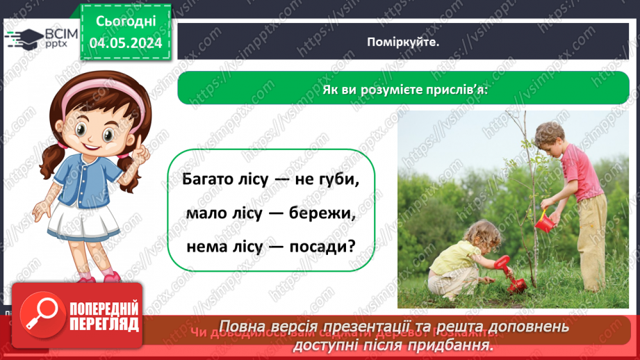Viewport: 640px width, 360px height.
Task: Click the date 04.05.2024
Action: (x=126, y=42)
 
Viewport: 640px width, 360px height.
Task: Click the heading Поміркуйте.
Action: (x=404, y=42)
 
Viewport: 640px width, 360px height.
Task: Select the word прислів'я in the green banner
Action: (x=457, y=90)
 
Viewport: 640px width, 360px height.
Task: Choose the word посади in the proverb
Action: (x=321, y=246)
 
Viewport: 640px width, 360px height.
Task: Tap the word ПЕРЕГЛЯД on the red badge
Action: (x=104, y=324)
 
